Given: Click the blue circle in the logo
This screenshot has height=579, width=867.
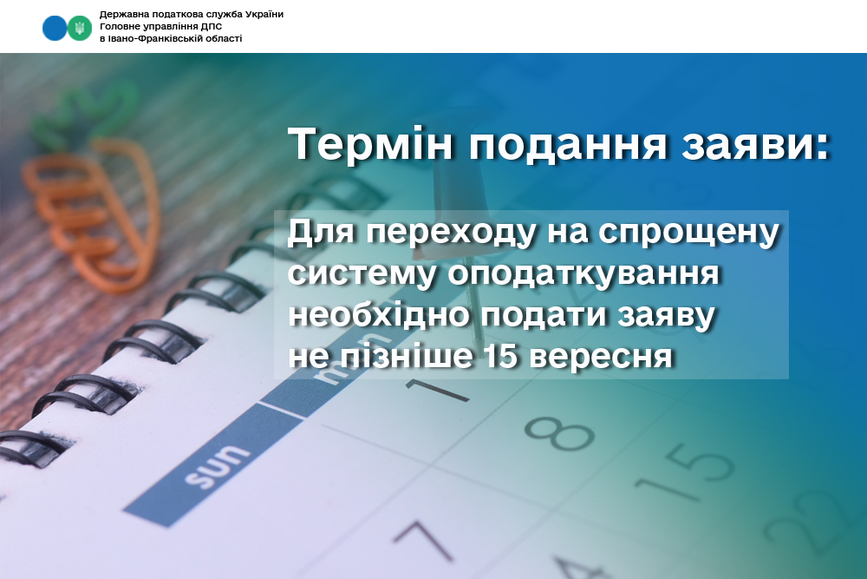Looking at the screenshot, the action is tap(54, 28).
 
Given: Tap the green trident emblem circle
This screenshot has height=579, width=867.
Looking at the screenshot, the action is tap(80, 28).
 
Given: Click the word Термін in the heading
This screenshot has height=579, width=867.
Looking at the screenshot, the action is tap(371, 144).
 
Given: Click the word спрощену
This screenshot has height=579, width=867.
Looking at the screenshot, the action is tap(689, 234).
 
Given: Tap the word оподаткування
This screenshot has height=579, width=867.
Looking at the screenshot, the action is tap(583, 274).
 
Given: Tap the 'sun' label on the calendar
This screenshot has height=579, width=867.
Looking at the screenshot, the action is tap(216, 468).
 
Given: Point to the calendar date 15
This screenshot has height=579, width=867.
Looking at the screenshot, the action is tap(686, 473).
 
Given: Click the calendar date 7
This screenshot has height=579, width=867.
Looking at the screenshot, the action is tap(422, 538).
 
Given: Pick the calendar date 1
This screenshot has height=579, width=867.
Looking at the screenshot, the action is tap(437, 390).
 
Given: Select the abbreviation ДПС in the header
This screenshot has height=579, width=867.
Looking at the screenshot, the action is tap(213, 26).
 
